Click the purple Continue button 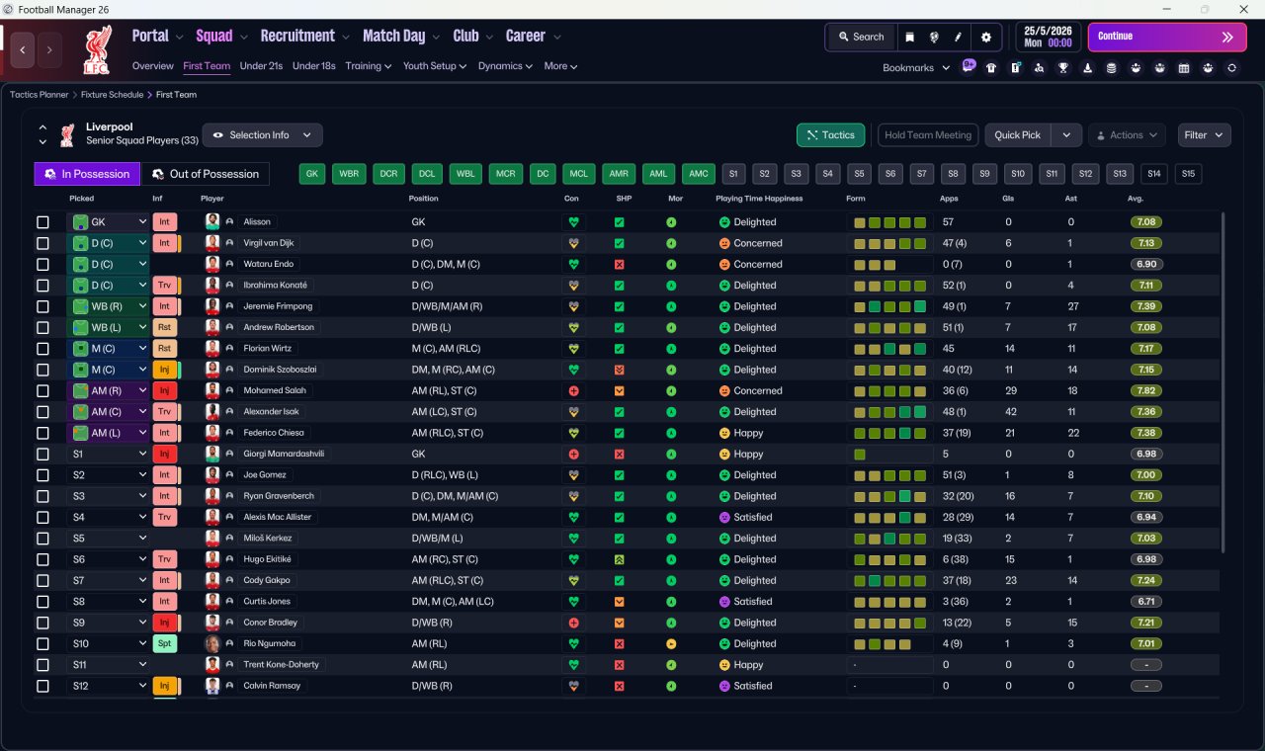1167,37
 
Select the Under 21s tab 261,66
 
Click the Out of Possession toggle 206,174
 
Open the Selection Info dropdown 262,135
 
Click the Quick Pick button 1017,135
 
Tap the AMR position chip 619,174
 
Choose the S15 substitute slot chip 1188,174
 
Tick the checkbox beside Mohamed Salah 42,390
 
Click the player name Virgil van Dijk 268,243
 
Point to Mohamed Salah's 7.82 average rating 1145,390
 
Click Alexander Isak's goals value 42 1011,412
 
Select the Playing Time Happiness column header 759,199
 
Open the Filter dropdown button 1204,135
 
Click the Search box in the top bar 861,37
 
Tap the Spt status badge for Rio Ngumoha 164,643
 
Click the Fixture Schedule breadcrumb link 112,94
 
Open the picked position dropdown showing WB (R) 108,306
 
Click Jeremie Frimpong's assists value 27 1073,306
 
